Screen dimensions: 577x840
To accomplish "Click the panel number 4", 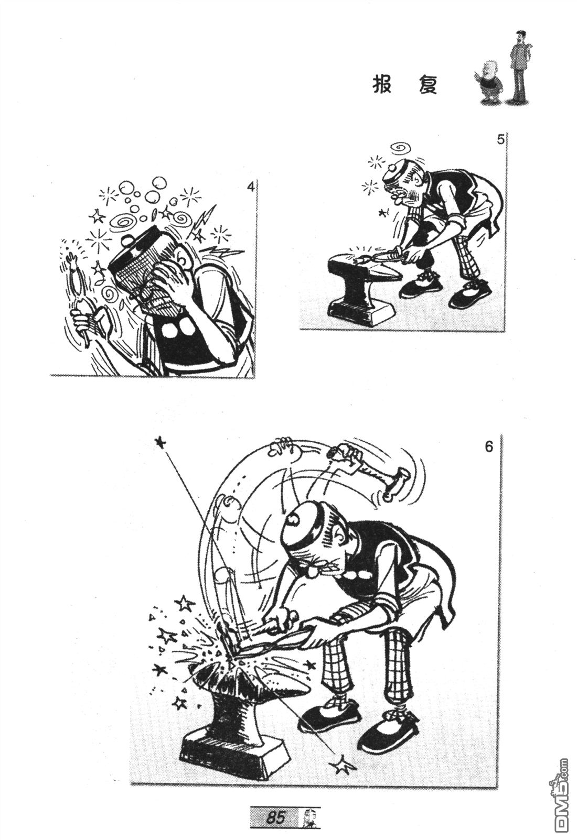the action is [251, 187].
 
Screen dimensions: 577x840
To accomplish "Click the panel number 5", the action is [500, 140].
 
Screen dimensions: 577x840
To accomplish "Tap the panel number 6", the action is [488, 448].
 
